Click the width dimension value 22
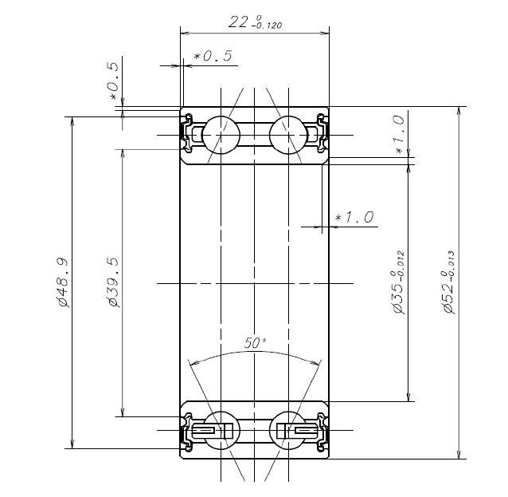237,22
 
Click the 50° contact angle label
255,343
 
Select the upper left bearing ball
221,134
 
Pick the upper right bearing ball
287,134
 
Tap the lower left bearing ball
221,431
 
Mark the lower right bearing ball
287,431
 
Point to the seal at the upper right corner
321,132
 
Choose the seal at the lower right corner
321,432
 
